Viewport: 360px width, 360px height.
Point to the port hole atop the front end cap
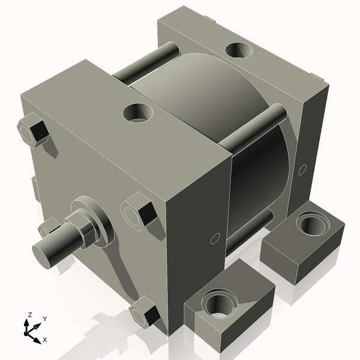137,112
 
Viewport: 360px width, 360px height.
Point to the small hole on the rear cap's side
302,169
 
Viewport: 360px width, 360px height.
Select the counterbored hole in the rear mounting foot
311,225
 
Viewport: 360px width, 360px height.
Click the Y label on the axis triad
44,319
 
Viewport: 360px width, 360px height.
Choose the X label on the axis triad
45,340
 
